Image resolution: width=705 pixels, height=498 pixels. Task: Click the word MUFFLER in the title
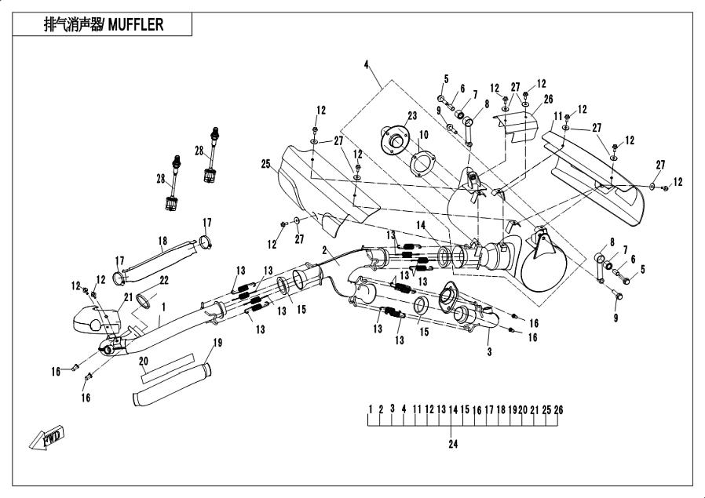pyautogui.click(x=136, y=24)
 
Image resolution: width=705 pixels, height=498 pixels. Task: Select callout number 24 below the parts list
pyautogui.click(x=452, y=444)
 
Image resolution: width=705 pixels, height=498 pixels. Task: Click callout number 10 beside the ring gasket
pyautogui.click(x=424, y=135)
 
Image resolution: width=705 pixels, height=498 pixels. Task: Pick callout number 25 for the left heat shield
pyautogui.click(x=266, y=163)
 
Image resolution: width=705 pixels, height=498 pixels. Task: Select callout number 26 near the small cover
pyautogui.click(x=548, y=99)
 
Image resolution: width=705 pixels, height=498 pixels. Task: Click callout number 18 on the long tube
pyautogui.click(x=163, y=241)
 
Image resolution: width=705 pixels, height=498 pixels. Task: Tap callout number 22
pyautogui.click(x=164, y=281)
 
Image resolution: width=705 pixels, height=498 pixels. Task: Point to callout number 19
pyautogui.click(x=217, y=342)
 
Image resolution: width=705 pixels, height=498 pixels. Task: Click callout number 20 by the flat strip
pyautogui.click(x=143, y=361)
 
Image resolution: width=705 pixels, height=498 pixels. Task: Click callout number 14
pyautogui.click(x=421, y=225)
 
